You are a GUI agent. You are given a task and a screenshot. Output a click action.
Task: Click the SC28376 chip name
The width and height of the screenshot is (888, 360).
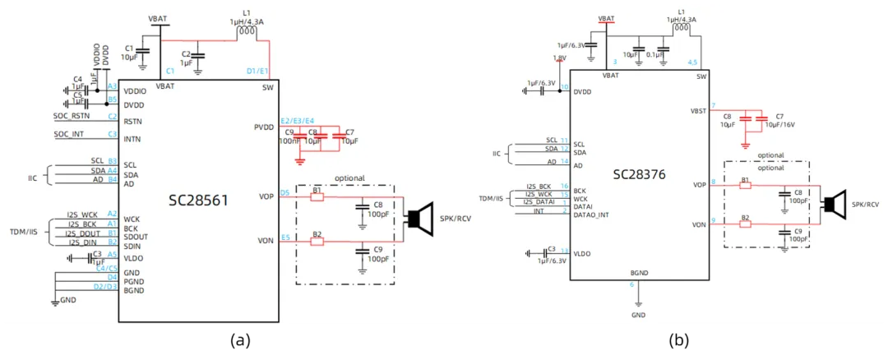pos(638,174)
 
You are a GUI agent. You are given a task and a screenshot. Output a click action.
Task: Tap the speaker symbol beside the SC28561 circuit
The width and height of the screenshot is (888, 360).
pos(421,219)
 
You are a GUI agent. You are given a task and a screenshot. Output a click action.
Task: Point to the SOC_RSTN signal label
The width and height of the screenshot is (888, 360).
pos(74,117)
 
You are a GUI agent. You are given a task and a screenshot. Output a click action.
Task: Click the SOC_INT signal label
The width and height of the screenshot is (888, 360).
pos(69,134)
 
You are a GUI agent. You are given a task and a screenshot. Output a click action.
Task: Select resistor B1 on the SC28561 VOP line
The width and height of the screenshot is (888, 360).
pos(317,197)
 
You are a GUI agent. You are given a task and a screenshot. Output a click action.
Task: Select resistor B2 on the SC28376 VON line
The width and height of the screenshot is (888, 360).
pos(745,224)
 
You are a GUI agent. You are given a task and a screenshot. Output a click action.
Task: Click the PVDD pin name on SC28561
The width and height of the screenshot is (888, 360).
pos(264,127)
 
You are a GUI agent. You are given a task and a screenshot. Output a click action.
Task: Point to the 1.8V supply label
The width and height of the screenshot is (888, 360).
pos(559,58)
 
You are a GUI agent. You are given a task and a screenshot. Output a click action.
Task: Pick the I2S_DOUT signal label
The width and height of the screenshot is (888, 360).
pos(83,233)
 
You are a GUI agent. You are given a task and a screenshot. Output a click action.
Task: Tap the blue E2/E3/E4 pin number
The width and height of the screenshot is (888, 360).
pos(297,119)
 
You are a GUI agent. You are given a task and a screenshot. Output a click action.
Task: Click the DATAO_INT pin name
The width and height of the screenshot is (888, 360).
pos(591,215)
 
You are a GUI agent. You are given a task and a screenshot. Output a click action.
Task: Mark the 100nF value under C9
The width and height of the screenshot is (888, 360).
pos(289,141)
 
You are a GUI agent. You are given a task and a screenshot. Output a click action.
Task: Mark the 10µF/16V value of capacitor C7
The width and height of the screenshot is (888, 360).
pos(779,125)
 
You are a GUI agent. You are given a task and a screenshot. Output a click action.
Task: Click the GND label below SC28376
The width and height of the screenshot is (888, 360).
pos(639,315)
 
